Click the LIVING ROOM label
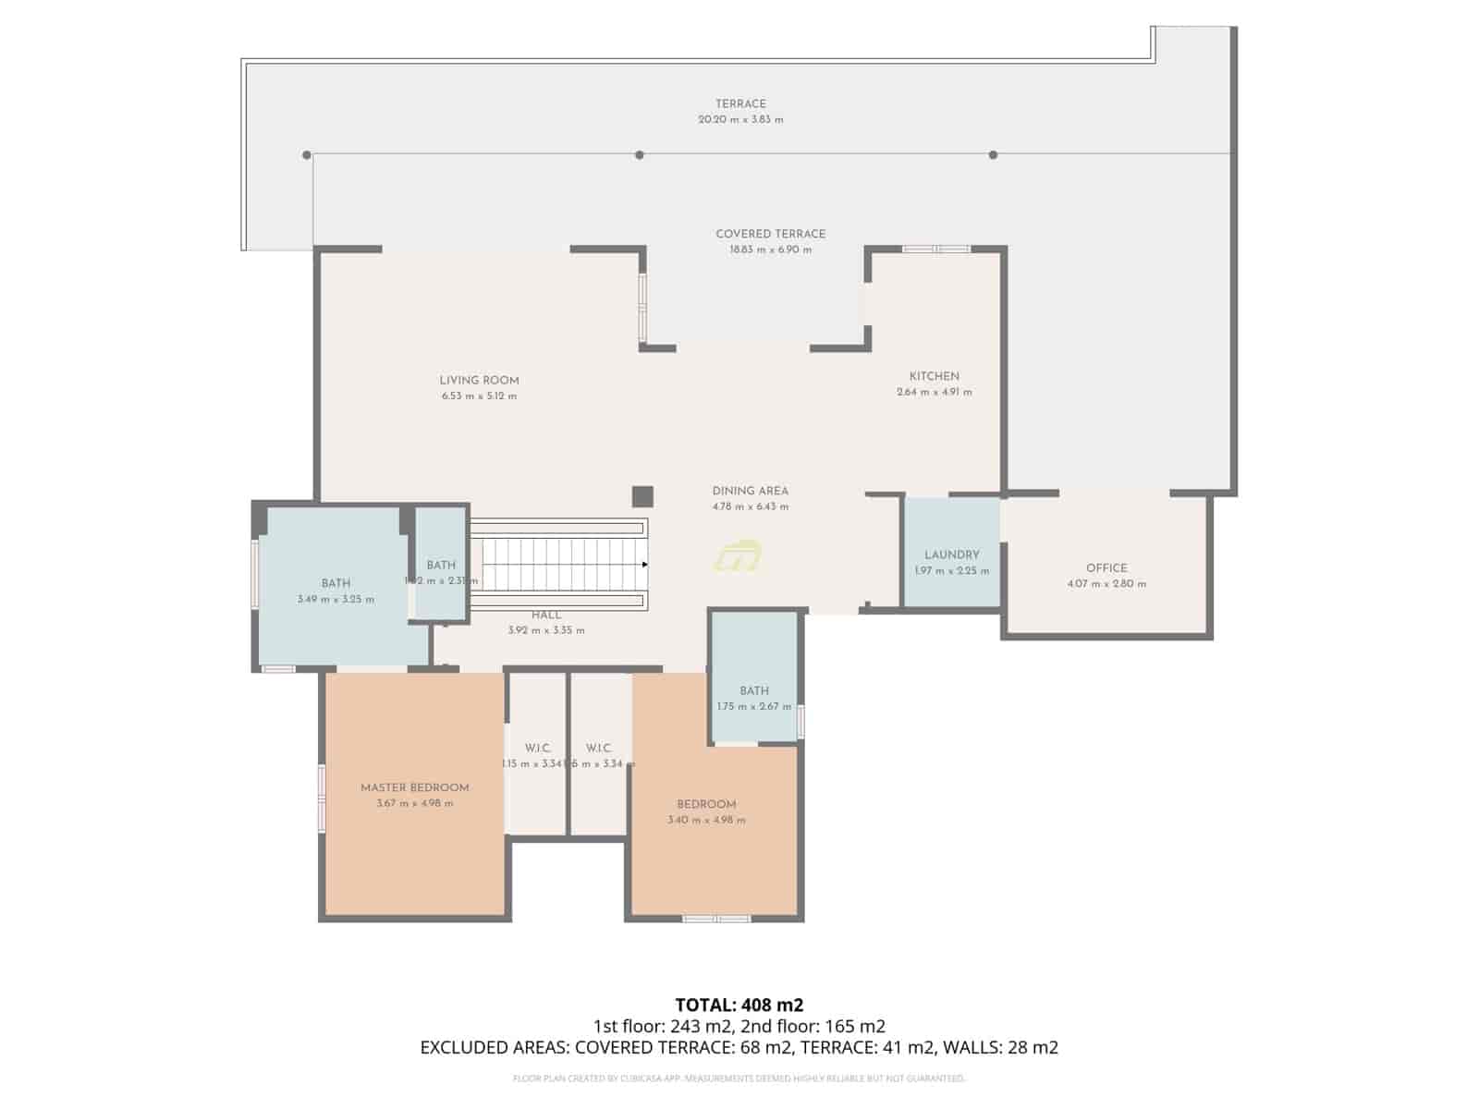click(479, 380)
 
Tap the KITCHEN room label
click(934, 376)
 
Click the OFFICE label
click(1106, 568)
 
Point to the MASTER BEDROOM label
click(414, 787)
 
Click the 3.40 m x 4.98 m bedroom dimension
click(706, 820)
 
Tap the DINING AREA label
click(750, 491)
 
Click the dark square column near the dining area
click(642, 496)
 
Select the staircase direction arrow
click(644, 564)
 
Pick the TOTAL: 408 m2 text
click(739, 1005)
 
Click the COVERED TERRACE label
click(770, 234)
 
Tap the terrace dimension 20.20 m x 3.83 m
click(740, 119)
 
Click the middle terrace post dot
click(639, 155)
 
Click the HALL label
click(545, 615)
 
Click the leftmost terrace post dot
click(306, 155)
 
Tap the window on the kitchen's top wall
click(935, 249)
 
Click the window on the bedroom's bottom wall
click(716, 919)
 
